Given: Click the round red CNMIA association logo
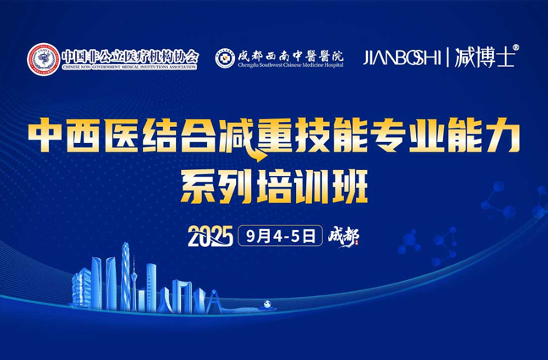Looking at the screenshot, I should [44, 59].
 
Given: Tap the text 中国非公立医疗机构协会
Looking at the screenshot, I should [130, 56].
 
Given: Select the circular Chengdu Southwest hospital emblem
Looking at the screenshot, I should [225, 58].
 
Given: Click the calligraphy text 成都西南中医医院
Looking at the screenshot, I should [291, 55].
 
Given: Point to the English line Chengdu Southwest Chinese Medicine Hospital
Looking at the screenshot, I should [291, 65].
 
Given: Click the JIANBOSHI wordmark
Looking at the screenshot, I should [402, 58].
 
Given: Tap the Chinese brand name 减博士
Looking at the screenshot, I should [484, 58].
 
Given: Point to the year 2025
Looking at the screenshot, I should [210, 237].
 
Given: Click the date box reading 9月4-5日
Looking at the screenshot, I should [280, 236].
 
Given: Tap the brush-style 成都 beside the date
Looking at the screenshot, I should [343, 236].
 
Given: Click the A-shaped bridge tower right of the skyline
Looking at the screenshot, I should [211, 303].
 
